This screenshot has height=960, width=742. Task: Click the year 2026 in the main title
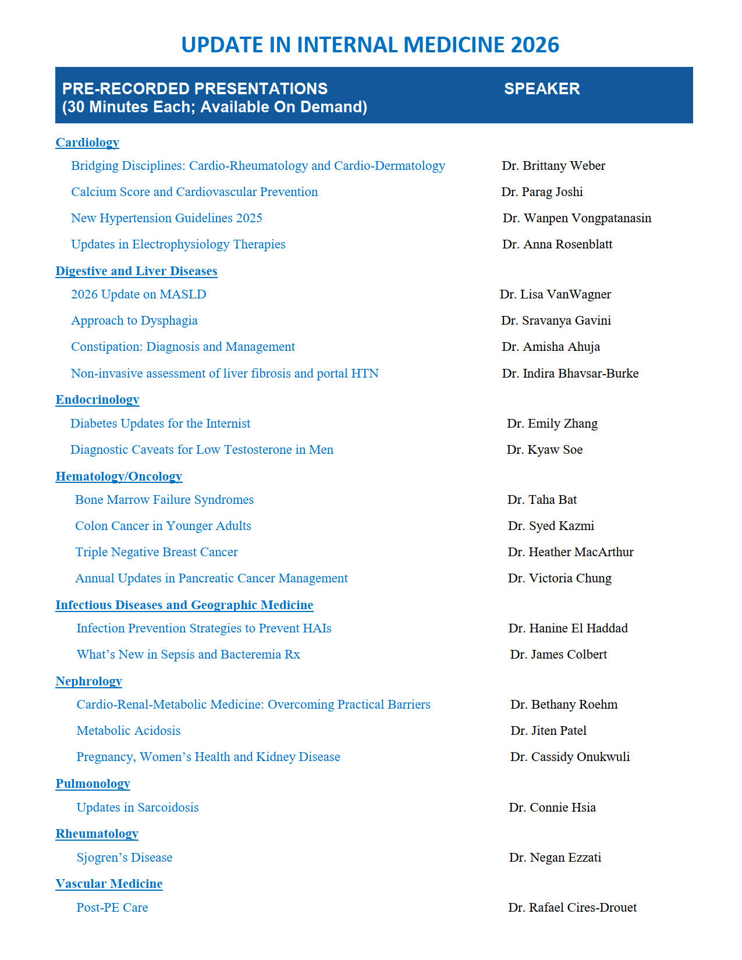[534, 45]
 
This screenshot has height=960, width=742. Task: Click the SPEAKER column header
[542, 88]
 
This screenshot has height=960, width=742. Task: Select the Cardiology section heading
[87, 143]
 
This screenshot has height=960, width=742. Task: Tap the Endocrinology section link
[97, 400]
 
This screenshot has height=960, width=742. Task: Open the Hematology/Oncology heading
[119, 477]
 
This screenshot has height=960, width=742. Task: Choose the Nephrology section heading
[88, 681]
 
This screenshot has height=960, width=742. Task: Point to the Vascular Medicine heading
[109, 884]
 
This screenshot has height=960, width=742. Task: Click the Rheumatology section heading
[97, 834]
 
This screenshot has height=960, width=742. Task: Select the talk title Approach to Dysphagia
[134, 321]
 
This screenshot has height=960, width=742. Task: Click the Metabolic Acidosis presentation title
[128, 731]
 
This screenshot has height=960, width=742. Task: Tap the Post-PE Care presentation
[112, 908]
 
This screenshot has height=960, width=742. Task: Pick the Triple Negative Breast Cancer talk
[156, 552]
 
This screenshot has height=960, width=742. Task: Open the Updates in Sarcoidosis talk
[137, 808]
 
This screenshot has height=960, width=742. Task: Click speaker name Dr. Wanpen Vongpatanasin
[577, 218]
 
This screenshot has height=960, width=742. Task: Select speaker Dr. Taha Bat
[542, 500]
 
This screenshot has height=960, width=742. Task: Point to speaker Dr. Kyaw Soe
[544, 450]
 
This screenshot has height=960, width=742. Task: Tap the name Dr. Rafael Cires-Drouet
[572, 908]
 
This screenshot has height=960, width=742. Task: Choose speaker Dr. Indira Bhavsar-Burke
[570, 374]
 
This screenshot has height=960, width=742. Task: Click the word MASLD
[183, 294]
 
